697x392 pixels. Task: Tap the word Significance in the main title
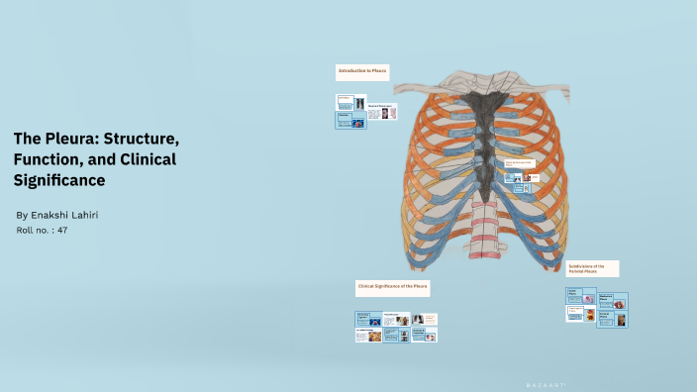tap(59, 181)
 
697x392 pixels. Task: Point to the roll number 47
tap(61, 230)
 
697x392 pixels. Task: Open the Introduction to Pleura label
tap(362, 71)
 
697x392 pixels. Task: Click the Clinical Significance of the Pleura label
tap(393, 287)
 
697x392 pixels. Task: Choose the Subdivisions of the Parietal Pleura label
tap(593, 268)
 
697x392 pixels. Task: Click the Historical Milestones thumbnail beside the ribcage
tap(382, 112)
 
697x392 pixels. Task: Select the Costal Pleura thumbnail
tap(580, 295)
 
